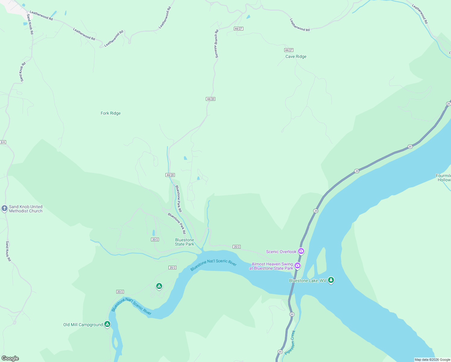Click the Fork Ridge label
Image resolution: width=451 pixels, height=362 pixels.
tap(111, 113)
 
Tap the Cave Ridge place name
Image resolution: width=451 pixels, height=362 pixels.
tap(296, 57)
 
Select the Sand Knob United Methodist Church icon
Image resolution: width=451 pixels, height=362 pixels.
tap(4, 208)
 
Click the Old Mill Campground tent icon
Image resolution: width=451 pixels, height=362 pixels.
tap(107, 324)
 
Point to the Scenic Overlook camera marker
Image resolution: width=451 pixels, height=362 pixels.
tap(301, 251)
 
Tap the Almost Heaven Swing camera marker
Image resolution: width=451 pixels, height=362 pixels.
tap(298, 265)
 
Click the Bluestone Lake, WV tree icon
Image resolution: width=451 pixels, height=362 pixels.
tap(331, 280)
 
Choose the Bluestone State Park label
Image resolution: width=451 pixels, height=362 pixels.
tap(184, 242)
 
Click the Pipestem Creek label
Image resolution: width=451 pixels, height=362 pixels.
tap(290, 342)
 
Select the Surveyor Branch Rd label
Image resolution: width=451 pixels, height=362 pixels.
tap(216, 44)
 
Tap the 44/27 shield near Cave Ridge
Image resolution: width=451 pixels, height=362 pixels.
tap(289, 50)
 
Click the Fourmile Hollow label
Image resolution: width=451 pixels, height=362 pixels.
tap(443, 178)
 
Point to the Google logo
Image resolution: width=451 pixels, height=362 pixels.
tap(10, 358)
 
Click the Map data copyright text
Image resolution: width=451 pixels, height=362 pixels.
tap(432, 360)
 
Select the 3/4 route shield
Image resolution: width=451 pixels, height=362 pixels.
tap(3, 142)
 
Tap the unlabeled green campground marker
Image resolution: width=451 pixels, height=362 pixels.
tap(159, 286)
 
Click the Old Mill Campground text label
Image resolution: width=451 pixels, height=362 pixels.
tap(83, 325)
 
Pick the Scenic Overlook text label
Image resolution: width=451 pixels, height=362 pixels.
tap(281, 252)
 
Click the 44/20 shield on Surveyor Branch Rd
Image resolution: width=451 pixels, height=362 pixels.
tap(210, 99)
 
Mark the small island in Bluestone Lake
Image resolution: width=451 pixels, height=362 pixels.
tap(321, 260)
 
